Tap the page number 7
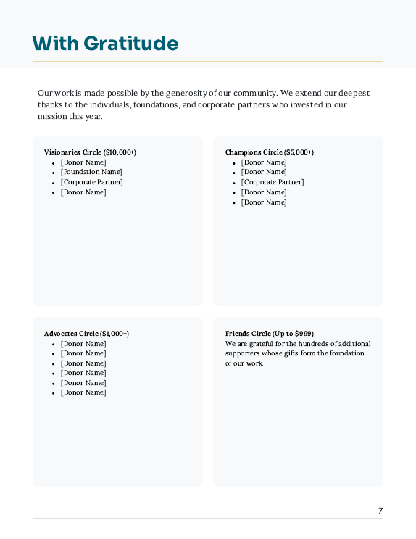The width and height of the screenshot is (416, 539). click(380, 511)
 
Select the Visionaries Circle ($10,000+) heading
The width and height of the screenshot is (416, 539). click(90, 152)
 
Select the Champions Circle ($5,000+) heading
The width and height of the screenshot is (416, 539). click(270, 152)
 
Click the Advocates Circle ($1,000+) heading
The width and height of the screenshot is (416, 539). click(86, 334)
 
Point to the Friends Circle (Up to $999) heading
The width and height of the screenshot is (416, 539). click(270, 334)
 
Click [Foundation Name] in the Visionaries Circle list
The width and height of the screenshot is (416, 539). click(91, 172)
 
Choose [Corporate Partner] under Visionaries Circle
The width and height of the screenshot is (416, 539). click(92, 182)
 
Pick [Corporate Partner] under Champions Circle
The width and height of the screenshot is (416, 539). click(273, 182)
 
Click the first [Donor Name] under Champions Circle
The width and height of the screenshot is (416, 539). click(264, 162)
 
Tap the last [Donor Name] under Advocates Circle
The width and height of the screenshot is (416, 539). click(83, 392)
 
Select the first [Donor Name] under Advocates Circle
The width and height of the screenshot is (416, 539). click(83, 344)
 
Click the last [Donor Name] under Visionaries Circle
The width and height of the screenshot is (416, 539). click(83, 192)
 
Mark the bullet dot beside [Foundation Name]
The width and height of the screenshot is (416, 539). click(54, 173)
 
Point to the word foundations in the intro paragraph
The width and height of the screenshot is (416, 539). click(156, 104)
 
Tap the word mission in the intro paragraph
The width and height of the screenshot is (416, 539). click(51, 116)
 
